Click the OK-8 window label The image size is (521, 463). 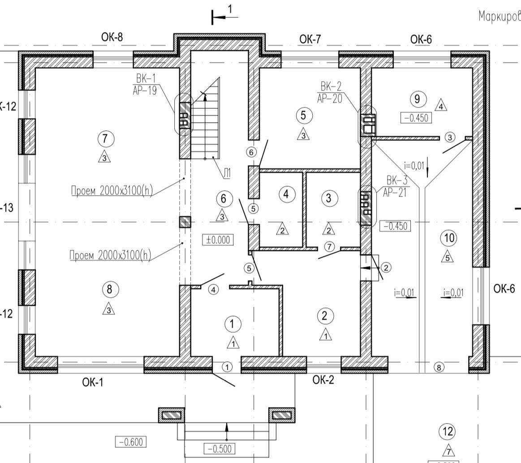pyautogui.click(x=112, y=38)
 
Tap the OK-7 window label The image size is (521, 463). pyautogui.click(x=310, y=39)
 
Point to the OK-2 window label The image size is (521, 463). pyautogui.click(x=323, y=380)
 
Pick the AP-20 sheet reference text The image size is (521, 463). pyautogui.click(x=329, y=98)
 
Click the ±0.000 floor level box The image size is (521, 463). pyautogui.click(x=218, y=240)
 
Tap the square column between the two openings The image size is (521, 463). pyautogui.click(x=185, y=222)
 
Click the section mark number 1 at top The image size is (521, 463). pyautogui.click(x=230, y=9)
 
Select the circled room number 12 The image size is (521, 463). pyautogui.click(x=448, y=432)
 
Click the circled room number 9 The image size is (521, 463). pyautogui.click(x=418, y=99)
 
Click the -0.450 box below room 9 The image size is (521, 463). pyautogui.click(x=415, y=118)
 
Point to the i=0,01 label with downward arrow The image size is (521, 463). pyautogui.click(x=414, y=165)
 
